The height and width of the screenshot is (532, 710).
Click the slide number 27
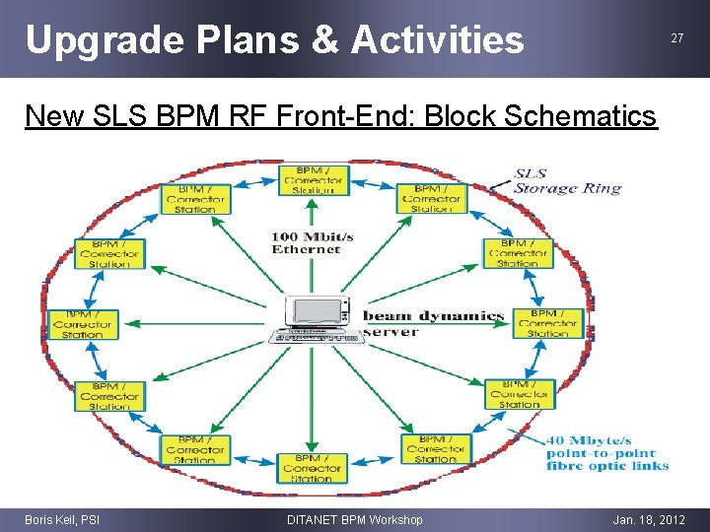coord(676,38)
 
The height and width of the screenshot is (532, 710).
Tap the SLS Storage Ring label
coord(567,181)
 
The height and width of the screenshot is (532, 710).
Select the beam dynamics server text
coord(434,323)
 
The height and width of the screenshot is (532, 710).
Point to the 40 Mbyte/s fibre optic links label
coord(607,452)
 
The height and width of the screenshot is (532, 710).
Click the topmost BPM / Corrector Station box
coord(313,178)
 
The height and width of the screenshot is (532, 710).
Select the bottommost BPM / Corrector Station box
coord(312,468)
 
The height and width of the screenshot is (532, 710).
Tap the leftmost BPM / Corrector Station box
coord(82,323)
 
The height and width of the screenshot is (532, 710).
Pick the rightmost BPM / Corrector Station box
coord(547,322)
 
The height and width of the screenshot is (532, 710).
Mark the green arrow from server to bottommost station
coord(313,399)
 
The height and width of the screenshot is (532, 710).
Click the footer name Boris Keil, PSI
coord(62,519)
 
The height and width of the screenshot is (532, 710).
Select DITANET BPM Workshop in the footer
coord(354,519)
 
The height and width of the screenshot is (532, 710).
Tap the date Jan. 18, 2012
coord(648,519)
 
